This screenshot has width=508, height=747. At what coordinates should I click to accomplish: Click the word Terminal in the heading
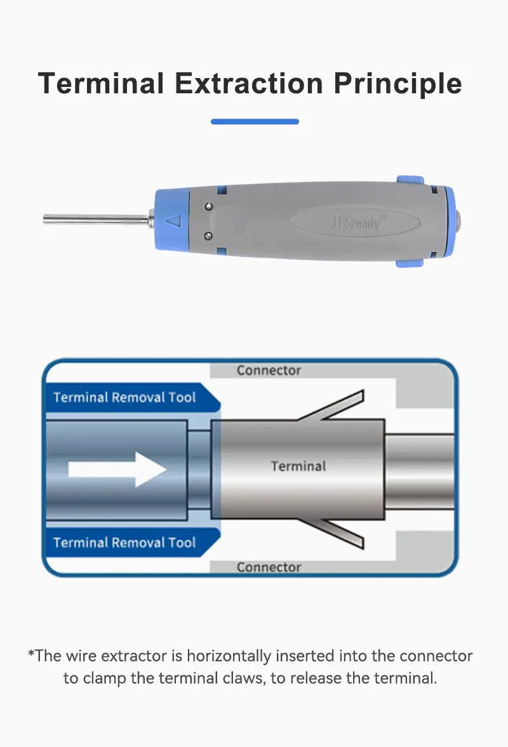click(101, 83)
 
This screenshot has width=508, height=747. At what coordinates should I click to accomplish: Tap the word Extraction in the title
click(249, 83)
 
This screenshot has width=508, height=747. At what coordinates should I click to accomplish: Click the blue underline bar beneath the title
click(255, 121)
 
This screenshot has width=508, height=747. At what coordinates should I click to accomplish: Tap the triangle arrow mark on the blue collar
click(173, 221)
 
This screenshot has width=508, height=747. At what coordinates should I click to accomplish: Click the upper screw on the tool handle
click(208, 206)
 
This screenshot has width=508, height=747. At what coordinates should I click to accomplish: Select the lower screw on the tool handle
click(208, 236)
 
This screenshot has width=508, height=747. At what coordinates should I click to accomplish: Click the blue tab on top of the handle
click(410, 180)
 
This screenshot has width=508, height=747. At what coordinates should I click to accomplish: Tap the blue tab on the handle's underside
click(410, 263)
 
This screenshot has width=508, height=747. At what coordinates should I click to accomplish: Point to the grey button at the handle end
click(458, 221)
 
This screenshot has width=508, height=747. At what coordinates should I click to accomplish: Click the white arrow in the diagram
click(117, 469)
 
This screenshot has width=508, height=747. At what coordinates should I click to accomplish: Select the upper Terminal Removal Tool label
click(124, 397)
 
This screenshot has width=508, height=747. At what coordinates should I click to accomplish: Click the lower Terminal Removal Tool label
click(124, 543)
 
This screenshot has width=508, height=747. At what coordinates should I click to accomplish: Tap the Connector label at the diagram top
click(269, 371)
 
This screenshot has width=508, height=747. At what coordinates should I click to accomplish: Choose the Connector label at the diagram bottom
click(269, 567)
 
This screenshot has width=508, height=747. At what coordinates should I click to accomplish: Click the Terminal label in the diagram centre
click(298, 466)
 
